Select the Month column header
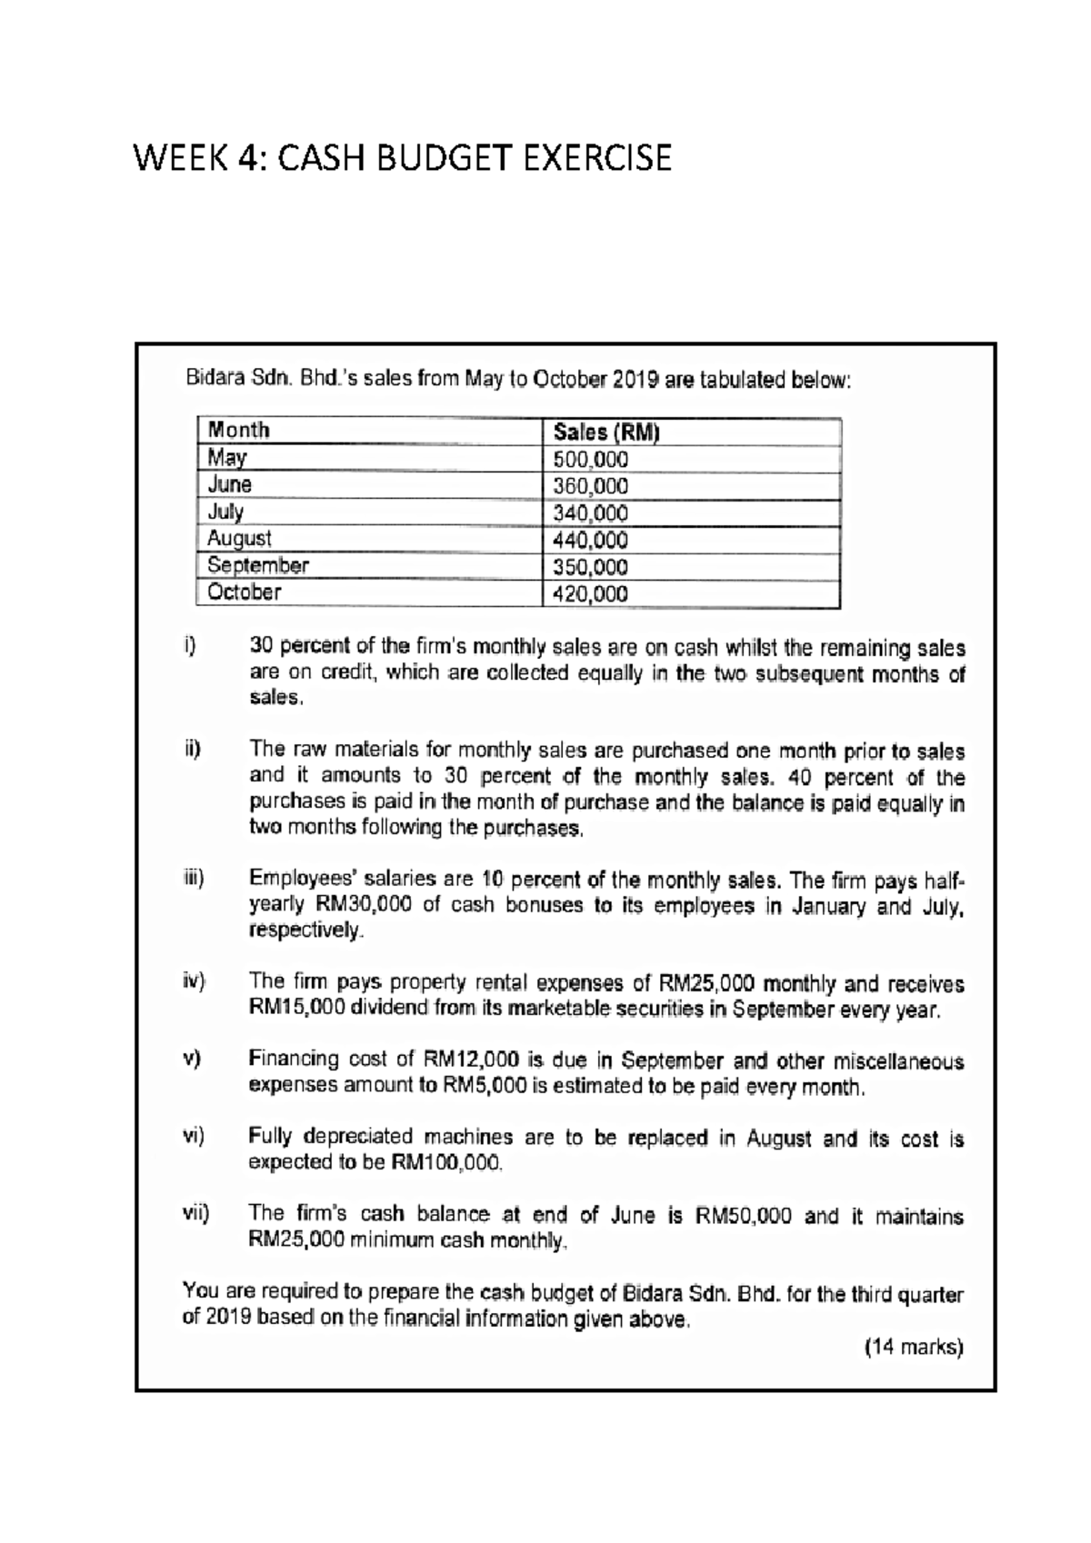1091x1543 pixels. coord(238,430)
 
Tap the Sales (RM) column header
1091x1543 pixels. coord(606,432)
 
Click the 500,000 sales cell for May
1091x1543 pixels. coord(591,460)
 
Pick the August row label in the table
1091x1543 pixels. coord(238,538)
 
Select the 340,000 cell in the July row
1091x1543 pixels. coord(591,513)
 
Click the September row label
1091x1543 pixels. coord(257,565)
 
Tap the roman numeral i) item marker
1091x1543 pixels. coord(189,647)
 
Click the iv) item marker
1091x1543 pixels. coord(193,981)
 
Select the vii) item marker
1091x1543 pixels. coord(195,1213)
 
